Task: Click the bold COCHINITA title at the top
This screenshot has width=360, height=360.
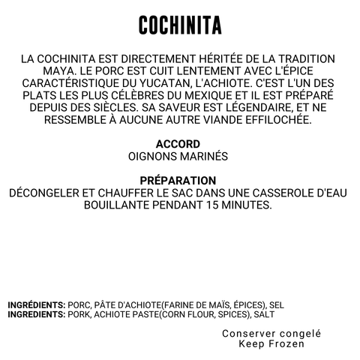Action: [179, 25]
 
